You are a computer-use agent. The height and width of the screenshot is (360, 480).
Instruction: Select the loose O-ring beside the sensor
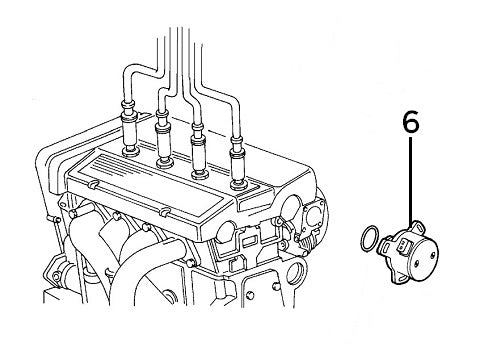368,240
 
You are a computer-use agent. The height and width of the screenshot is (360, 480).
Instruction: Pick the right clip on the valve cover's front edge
160,213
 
